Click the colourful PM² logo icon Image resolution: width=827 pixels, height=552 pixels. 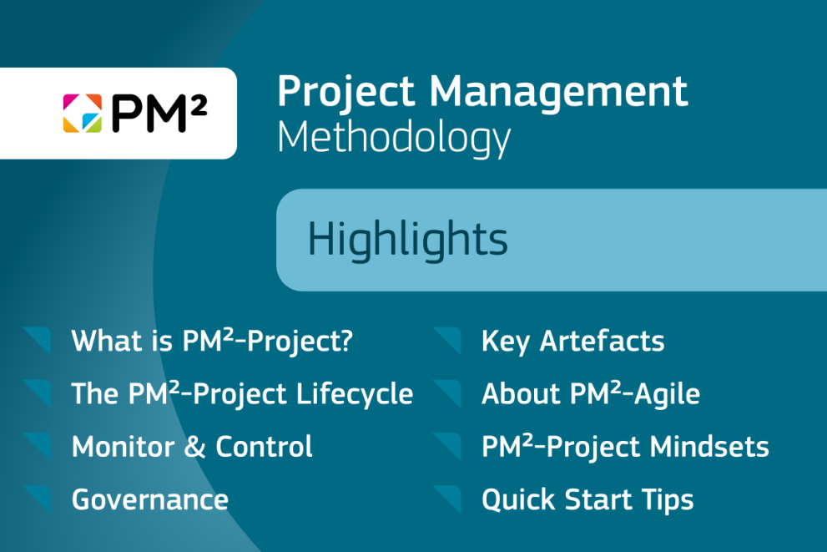point(82,114)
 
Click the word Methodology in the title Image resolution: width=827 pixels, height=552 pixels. point(393,137)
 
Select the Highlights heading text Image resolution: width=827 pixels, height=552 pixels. point(407,240)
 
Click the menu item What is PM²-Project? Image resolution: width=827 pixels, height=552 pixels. point(213,341)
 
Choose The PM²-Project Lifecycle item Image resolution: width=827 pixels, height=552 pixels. point(242,393)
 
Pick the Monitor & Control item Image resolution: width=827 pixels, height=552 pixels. point(192,447)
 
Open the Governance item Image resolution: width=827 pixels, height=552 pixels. point(150,499)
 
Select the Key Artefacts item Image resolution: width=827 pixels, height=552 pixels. point(572,341)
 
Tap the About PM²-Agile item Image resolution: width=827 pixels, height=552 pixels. point(590,393)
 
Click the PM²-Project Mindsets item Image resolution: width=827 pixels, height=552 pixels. point(625,447)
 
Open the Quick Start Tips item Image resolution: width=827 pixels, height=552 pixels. point(587,499)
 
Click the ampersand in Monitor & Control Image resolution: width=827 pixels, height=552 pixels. point(194,447)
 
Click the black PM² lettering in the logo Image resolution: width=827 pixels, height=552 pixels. point(159,114)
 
